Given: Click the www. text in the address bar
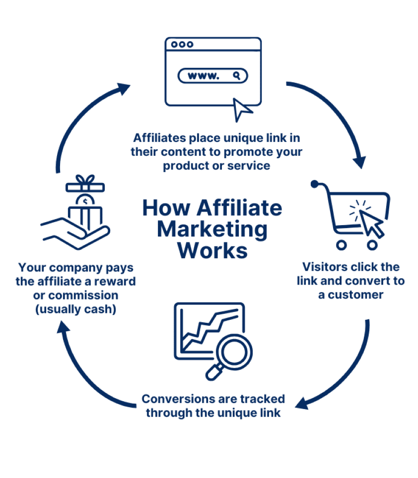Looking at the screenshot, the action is [x=203, y=76].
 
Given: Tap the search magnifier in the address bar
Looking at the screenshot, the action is [x=237, y=75].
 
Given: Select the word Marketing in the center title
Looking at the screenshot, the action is [x=212, y=230].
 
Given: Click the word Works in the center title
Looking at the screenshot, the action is [x=212, y=250].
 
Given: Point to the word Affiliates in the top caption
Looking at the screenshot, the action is [x=159, y=138].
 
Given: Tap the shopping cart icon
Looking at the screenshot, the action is [x=350, y=215].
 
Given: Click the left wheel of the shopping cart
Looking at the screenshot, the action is [x=342, y=245].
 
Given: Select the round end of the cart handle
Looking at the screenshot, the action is [x=315, y=184].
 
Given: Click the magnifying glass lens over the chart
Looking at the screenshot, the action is [x=234, y=352].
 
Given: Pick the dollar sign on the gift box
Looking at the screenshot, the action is [x=85, y=201].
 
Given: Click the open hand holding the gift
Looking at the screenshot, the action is [x=75, y=234].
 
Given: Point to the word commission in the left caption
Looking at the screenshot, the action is [x=83, y=295].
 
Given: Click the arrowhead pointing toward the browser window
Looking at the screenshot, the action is [x=123, y=88].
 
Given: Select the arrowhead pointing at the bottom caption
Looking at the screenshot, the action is [x=302, y=403].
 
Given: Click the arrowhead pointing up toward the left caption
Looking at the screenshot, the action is [x=64, y=327].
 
